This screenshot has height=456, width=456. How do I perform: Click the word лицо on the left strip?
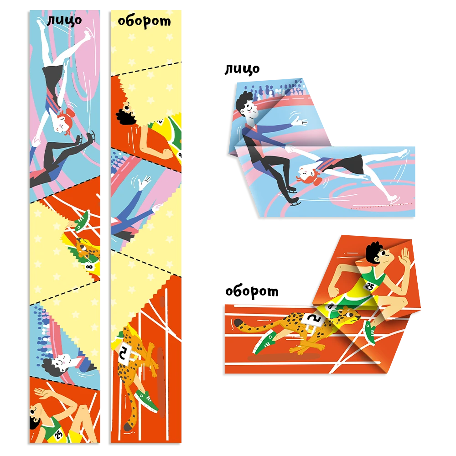(65, 21)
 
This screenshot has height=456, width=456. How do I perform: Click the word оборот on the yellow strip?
(144, 21)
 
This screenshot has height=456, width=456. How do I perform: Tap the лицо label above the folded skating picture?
(242, 69)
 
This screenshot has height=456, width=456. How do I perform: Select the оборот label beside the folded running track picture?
(252, 291)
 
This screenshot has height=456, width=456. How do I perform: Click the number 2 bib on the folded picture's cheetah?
(312, 319)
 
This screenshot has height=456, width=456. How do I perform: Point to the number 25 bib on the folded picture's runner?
(369, 286)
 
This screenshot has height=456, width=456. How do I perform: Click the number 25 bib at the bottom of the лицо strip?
(59, 434)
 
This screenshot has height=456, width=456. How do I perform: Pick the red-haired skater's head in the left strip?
(64, 123)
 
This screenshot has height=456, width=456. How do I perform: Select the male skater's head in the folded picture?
(247, 106)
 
